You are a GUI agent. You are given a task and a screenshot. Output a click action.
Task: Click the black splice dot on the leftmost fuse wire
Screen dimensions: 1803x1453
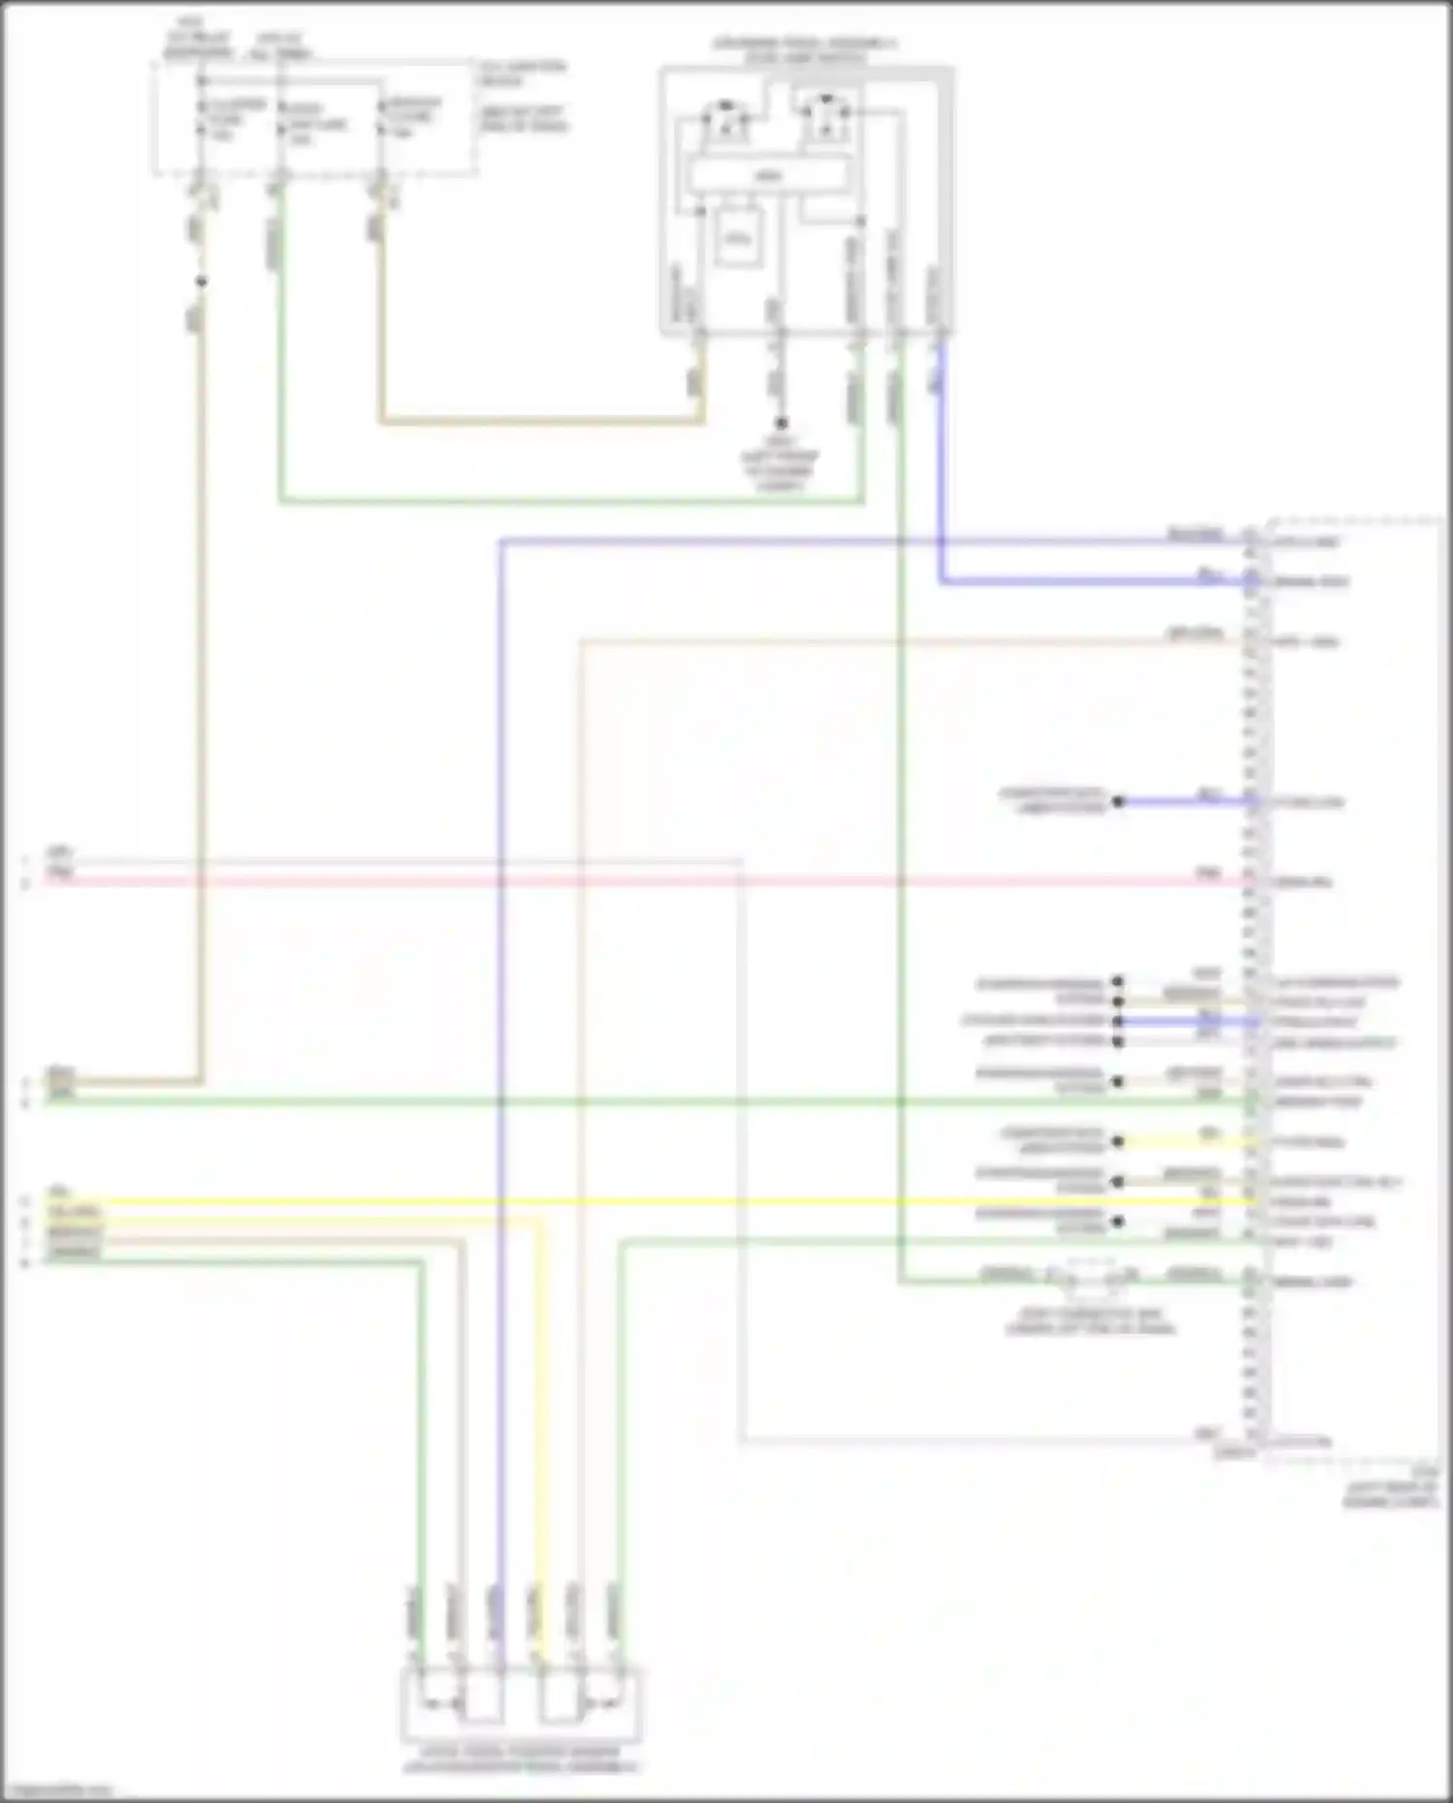(x=201, y=282)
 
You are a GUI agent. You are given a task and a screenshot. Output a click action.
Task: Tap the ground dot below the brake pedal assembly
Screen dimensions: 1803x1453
(x=781, y=423)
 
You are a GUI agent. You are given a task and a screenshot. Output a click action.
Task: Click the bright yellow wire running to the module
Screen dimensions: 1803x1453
(x=678, y=1202)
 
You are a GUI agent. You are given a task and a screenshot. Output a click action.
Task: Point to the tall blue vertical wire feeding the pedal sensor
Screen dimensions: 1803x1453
(x=501, y=969)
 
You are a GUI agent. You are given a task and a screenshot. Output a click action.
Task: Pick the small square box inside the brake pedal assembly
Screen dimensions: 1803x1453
(x=737, y=235)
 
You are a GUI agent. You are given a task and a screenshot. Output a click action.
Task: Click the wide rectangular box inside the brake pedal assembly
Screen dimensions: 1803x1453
(x=767, y=175)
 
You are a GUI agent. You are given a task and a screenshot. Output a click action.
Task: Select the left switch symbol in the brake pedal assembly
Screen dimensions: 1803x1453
(x=725, y=118)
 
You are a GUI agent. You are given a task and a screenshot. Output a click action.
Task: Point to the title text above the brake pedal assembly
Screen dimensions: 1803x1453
(x=804, y=50)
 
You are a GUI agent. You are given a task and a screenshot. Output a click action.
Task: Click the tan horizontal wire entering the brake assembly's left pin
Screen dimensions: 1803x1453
(x=542, y=421)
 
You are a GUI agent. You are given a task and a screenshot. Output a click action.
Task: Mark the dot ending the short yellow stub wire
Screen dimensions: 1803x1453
(x=1119, y=1142)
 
